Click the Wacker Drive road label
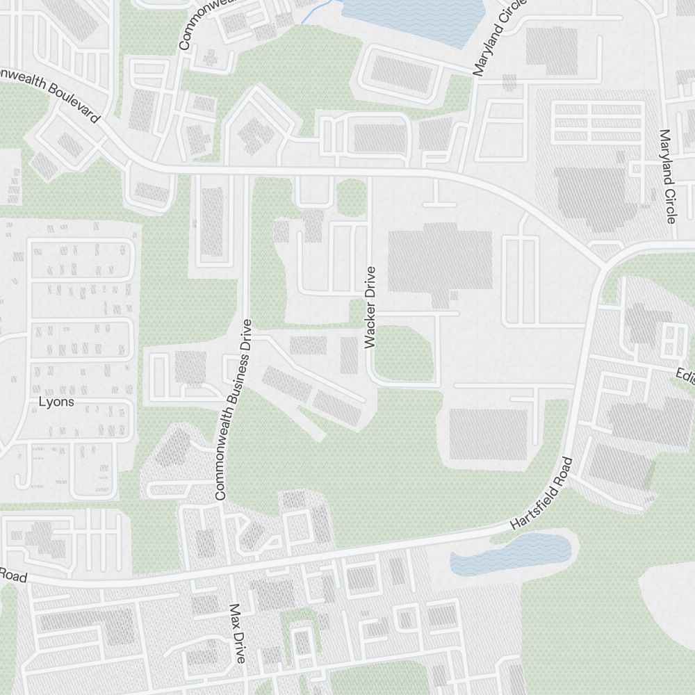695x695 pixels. pyautogui.click(x=370, y=306)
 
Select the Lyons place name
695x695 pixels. pyautogui.click(x=56, y=402)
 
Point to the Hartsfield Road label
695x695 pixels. pyautogui.click(x=541, y=494)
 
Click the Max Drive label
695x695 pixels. pyautogui.click(x=238, y=632)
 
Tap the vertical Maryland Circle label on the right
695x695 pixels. pyautogui.click(x=668, y=177)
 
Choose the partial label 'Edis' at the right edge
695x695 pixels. pyautogui.click(x=684, y=376)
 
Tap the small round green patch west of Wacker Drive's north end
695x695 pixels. pyautogui.click(x=352, y=197)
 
